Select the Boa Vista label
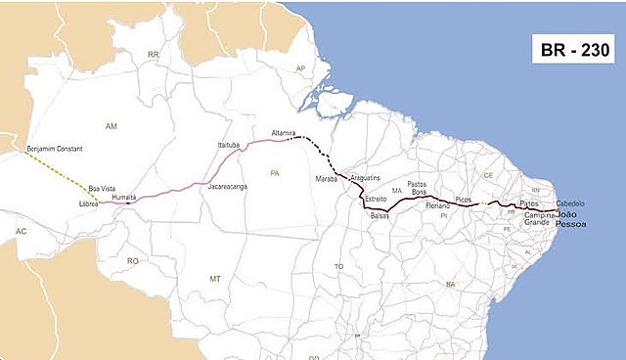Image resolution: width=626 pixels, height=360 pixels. click(102, 188)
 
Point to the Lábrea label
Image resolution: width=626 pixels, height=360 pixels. click(90, 203)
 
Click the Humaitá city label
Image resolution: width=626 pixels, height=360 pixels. click(124, 197)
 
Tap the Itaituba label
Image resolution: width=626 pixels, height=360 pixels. click(228, 145)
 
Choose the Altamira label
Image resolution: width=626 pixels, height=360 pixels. click(285, 131)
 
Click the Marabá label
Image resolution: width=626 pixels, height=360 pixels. click(326, 180)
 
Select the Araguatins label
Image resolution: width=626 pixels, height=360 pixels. click(365, 180)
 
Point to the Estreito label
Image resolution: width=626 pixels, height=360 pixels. click(376, 199)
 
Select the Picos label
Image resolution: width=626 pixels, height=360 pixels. click(464, 200)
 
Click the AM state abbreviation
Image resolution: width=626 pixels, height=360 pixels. click(110, 127)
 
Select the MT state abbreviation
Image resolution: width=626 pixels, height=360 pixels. click(215, 279)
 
